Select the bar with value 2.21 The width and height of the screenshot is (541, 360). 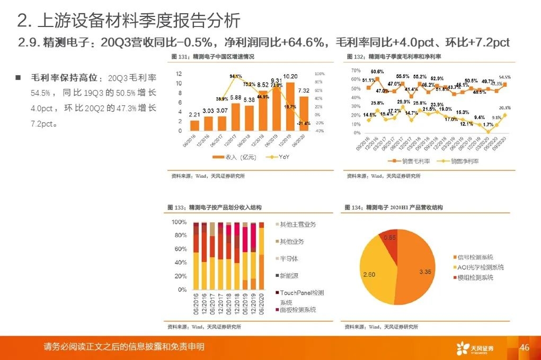click(x=194, y=125)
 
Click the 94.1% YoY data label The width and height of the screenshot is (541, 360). click(x=236, y=76)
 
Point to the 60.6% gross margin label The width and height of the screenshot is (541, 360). click(x=377, y=71)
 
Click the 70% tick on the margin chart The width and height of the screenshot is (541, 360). click(x=356, y=70)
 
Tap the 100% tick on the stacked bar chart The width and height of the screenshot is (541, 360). click(x=180, y=222)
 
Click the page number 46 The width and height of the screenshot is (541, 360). click(x=525, y=347)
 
